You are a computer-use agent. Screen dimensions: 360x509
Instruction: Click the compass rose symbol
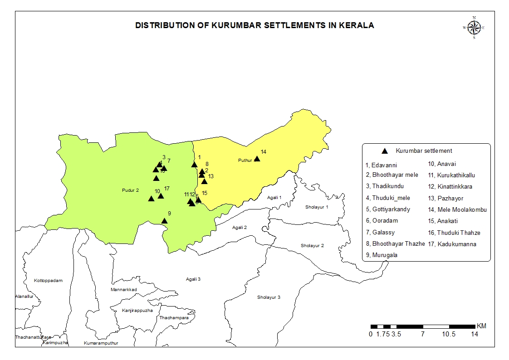tap(474, 28)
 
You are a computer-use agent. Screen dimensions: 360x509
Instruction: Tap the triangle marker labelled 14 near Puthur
tap(257, 159)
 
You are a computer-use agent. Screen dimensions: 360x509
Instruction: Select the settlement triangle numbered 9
tap(165, 221)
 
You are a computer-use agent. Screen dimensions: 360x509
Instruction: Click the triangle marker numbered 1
tap(194, 164)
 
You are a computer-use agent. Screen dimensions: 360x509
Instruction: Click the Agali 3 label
tap(193, 279)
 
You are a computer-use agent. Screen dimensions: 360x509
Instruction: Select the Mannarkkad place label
tap(123, 289)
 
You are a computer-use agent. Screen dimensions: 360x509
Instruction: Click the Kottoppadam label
tap(48, 281)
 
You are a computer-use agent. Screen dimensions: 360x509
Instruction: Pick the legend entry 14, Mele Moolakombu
tap(457, 209)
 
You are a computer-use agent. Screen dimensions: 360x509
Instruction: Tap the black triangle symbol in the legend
tap(385, 151)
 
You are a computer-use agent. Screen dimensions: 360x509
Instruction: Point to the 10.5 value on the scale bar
tap(448, 334)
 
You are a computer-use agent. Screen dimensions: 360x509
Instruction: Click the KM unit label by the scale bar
tap(481, 326)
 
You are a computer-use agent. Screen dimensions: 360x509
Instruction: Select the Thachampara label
tap(174, 318)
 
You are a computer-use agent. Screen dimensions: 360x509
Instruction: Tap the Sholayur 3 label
tap(269, 297)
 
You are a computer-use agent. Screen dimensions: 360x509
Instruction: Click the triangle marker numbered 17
tap(161, 195)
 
